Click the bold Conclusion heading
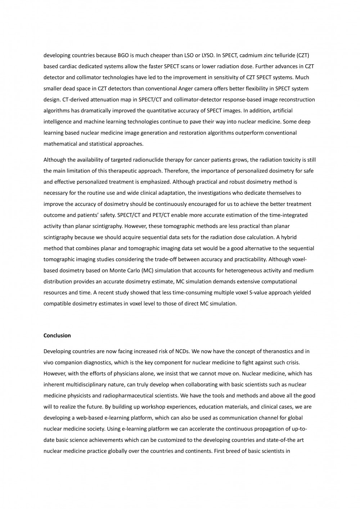coord(57,335)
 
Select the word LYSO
coord(207,55)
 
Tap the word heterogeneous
coord(235,270)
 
